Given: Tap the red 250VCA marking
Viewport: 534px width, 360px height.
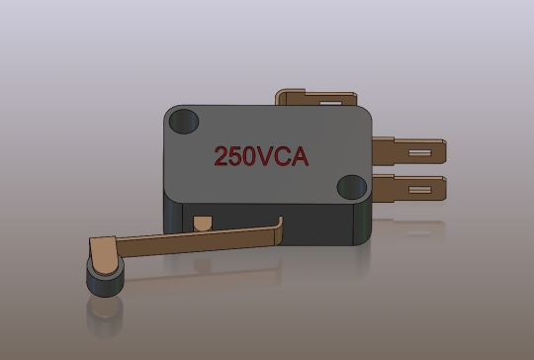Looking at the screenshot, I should coord(262,155).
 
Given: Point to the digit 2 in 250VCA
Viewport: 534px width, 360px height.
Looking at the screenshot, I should coord(222,155).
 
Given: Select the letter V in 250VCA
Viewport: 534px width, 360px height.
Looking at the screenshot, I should coord(263,155).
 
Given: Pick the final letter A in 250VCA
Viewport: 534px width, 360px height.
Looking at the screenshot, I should coord(300,155).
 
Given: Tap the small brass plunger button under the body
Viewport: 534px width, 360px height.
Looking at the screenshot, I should coord(205,223).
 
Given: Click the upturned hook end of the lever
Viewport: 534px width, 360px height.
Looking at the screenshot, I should coord(280,230).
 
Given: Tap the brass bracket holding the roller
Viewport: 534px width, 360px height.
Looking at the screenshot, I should coord(103,251).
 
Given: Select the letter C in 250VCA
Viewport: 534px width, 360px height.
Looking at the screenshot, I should coord(281,155).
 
